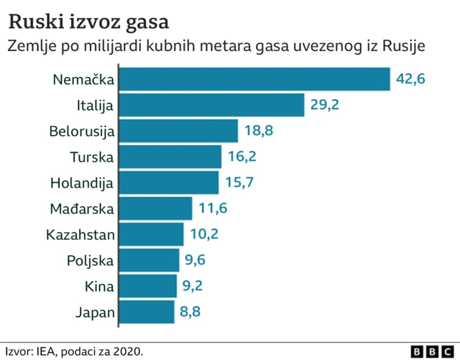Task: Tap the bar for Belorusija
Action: tap(178, 131)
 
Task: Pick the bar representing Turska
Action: tap(170, 157)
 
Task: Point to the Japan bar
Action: tap(147, 312)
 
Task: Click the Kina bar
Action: tap(148, 286)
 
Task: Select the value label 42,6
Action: tap(411, 79)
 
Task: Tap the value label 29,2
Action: tap(325, 105)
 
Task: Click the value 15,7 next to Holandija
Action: tap(239, 183)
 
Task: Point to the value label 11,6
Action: tap(213, 208)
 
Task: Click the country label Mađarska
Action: tap(82, 209)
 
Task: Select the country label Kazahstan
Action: tap(80, 235)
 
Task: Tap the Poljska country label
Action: tap(91, 261)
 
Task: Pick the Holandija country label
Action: tap(82, 183)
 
